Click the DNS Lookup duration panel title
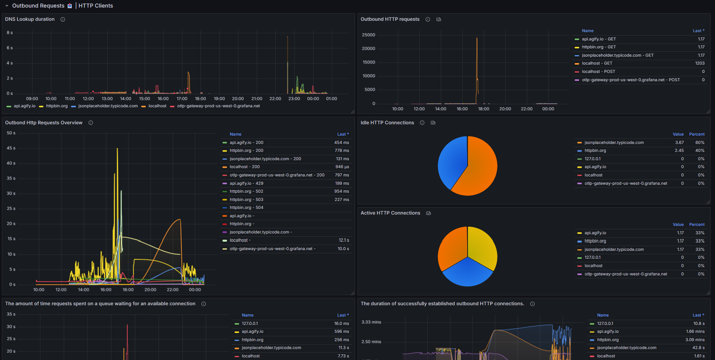point(30,19)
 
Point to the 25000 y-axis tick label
point(369,35)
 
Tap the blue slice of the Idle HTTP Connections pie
point(451,161)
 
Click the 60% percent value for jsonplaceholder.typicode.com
point(700,142)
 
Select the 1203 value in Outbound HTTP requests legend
point(700,63)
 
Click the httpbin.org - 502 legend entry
point(246,192)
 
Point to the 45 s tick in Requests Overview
point(11,148)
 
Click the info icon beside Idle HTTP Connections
point(422,123)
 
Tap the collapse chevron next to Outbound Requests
point(7,6)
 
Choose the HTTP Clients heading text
point(96,6)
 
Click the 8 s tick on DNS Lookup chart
point(10,32)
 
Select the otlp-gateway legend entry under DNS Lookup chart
point(218,106)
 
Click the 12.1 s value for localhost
point(344,240)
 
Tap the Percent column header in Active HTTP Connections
point(697,224)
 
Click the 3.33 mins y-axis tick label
point(371,322)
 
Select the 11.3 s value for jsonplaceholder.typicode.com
point(344,348)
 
